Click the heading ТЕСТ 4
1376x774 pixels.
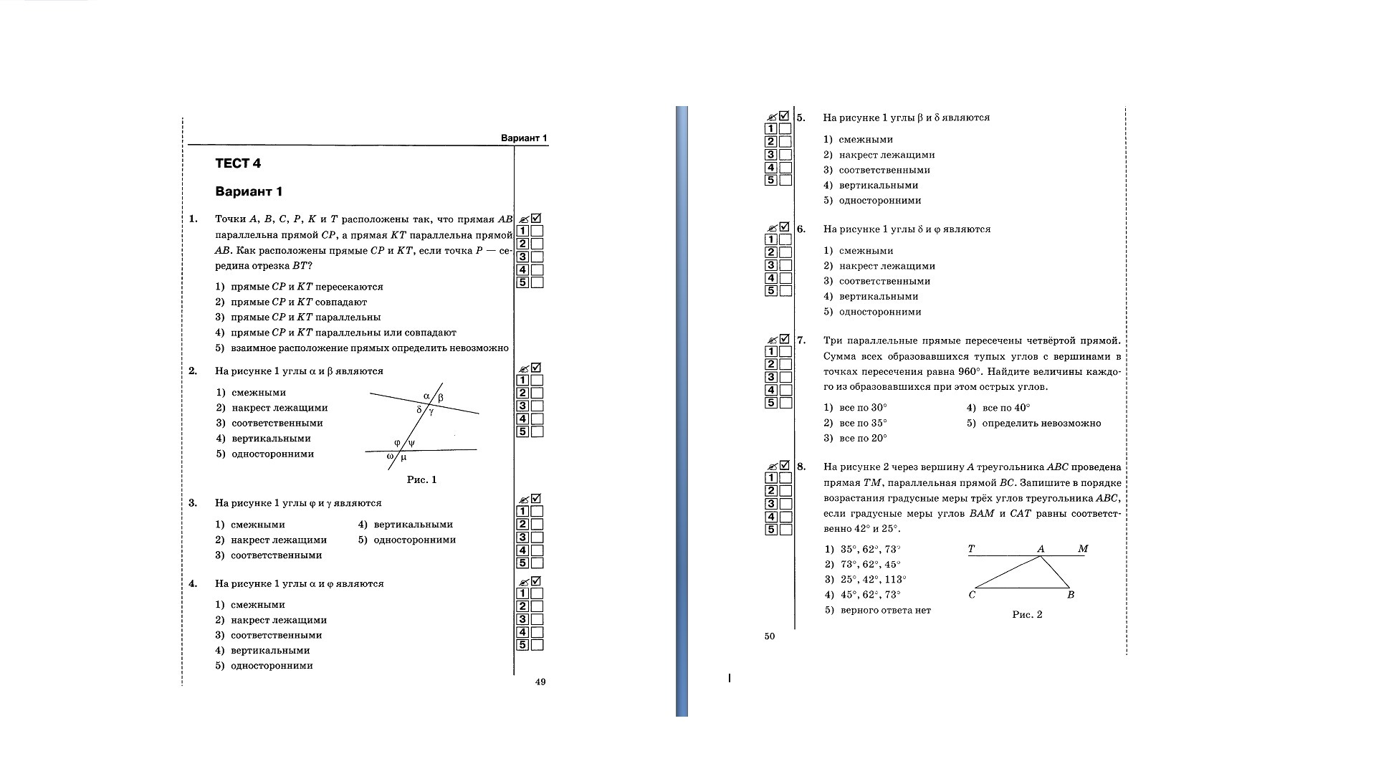click(238, 163)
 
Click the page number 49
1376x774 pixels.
click(540, 682)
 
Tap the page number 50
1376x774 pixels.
click(770, 636)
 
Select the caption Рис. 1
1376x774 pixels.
click(421, 479)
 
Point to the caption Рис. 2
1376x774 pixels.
click(1027, 614)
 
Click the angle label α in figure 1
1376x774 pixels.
click(426, 396)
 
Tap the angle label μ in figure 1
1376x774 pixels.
click(403, 457)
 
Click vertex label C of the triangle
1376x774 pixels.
click(972, 595)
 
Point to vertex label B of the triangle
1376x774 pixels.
click(1071, 595)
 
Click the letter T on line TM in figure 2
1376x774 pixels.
click(971, 549)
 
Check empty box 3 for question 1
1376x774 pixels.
click(537, 257)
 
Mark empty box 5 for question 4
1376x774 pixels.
click(537, 645)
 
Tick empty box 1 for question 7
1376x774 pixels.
click(785, 351)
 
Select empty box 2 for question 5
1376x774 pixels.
click(785, 141)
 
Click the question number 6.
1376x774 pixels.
click(801, 229)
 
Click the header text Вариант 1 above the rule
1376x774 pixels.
click(523, 138)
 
